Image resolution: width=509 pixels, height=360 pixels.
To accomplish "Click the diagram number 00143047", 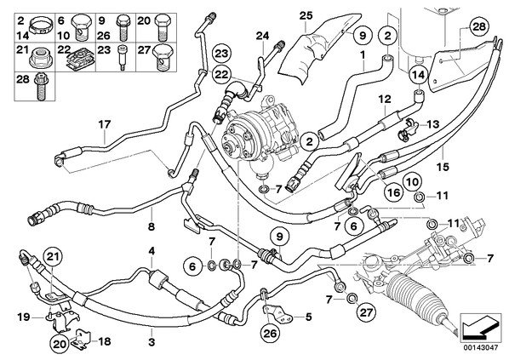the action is (x=480, y=347).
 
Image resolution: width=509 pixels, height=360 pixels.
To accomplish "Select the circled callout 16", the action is (x=393, y=193).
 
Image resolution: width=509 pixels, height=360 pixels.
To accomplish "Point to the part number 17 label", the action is (x=105, y=124).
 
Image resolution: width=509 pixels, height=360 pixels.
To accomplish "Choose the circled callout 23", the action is (x=221, y=54).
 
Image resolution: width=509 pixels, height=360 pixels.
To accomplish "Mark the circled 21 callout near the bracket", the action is (x=54, y=257).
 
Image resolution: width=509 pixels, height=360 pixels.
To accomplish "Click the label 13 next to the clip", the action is (x=432, y=124).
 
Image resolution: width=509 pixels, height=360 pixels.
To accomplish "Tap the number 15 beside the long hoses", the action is (x=443, y=167).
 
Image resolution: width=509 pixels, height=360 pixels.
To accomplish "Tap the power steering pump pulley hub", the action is (x=232, y=149).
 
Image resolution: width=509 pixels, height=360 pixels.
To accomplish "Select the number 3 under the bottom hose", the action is (x=152, y=342).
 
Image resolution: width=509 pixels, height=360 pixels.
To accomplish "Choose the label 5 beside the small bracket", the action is (x=308, y=317).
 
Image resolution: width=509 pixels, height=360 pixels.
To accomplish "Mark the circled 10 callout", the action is (x=412, y=181).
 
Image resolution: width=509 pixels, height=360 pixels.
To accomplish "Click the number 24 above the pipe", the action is (x=263, y=36).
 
